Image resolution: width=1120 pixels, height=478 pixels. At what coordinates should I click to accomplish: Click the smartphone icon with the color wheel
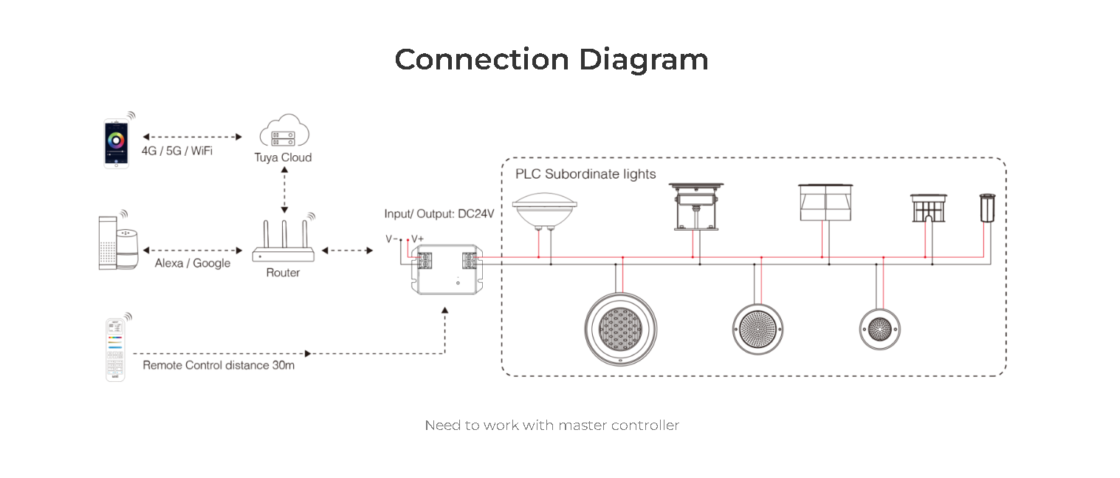(x=116, y=143)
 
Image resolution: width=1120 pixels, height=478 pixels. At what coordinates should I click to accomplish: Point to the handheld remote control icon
(x=115, y=349)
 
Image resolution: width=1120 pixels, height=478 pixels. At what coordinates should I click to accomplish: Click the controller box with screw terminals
(x=447, y=269)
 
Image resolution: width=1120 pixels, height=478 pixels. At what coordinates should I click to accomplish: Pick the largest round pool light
(x=620, y=329)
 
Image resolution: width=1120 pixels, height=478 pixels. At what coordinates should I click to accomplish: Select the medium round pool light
(x=757, y=330)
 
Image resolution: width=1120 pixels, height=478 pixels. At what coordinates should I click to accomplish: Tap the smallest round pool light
(x=880, y=329)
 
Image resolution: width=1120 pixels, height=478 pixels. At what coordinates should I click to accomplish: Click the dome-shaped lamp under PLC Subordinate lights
(x=545, y=211)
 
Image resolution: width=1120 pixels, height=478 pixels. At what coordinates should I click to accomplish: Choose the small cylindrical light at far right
(x=987, y=208)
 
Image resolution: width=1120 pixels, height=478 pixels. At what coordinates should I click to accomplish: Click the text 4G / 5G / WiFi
(x=177, y=151)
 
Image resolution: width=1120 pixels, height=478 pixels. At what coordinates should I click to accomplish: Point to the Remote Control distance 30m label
(x=219, y=366)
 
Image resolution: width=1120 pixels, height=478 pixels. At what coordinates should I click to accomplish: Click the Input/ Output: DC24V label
(x=439, y=214)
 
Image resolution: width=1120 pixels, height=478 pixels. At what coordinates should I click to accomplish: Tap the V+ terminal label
(x=417, y=239)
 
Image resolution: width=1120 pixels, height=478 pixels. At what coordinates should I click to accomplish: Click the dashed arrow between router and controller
(x=348, y=250)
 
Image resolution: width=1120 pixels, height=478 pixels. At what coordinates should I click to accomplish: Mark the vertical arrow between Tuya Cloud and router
(x=284, y=190)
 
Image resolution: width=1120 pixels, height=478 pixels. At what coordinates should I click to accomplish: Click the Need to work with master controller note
(x=552, y=426)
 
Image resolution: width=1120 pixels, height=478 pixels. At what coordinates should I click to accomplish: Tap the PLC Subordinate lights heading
(x=585, y=174)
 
